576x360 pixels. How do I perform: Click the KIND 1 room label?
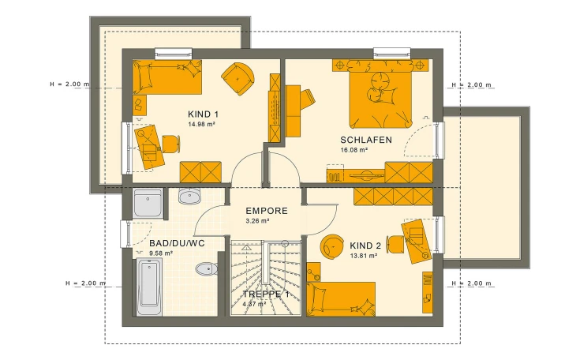click(x=203, y=114)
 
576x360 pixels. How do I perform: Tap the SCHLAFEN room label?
click(x=366, y=140)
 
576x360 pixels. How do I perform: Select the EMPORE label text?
click(x=267, y=211)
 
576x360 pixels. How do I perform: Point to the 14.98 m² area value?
click(x=202, y=124)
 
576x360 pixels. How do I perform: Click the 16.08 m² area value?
click(x=354, y=150)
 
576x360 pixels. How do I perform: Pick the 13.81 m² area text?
click(x=363, y=256)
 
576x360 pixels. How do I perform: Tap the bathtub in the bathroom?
click(x=149, y=287)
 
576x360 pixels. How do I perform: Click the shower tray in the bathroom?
click(x=148, y=203)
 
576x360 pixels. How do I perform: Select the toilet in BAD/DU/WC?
click(x=206, y=269)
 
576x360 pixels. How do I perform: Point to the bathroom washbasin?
click(x=189, y=196)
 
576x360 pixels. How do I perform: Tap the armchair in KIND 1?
click(x=238, y=78)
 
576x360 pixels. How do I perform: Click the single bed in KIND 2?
click(x=341, y=298)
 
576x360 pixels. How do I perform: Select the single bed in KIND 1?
click(x=167, y=77)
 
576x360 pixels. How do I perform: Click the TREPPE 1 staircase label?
click(x=266, y=294)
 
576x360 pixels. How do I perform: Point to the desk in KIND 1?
click(x=150, y=147)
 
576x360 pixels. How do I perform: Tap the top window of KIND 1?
click(x=174, y=54)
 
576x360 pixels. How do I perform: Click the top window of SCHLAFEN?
click(x=392, y=54)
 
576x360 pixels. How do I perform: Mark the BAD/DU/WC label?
click(x=177, y=243)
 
